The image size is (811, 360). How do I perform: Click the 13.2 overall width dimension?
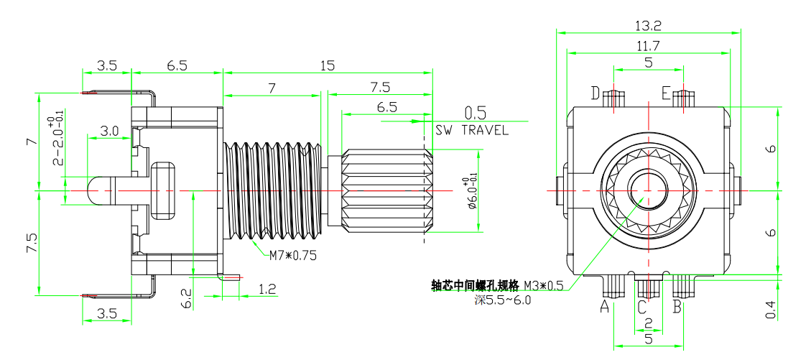coord(648,25)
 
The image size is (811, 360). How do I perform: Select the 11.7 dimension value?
coord(648,45)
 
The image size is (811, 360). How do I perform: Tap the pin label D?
coord(595,93)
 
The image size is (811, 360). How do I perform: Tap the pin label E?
coord(666,93)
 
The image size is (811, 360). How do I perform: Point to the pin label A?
coord(604,308)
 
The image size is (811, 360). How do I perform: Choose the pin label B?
coord(677,308)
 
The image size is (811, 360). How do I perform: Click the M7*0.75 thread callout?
coord(293,255)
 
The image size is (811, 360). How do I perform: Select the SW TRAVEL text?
coord(472,131)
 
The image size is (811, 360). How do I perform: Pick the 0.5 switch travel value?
coord(476,113)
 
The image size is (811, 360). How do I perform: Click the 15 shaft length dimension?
coord(327,65)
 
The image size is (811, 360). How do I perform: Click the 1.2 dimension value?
coord(267,290)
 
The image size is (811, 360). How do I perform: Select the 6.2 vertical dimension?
coord(186,298)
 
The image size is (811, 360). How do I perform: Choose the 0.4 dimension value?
coord(771,310)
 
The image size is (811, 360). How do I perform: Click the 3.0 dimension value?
coord(109,131)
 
